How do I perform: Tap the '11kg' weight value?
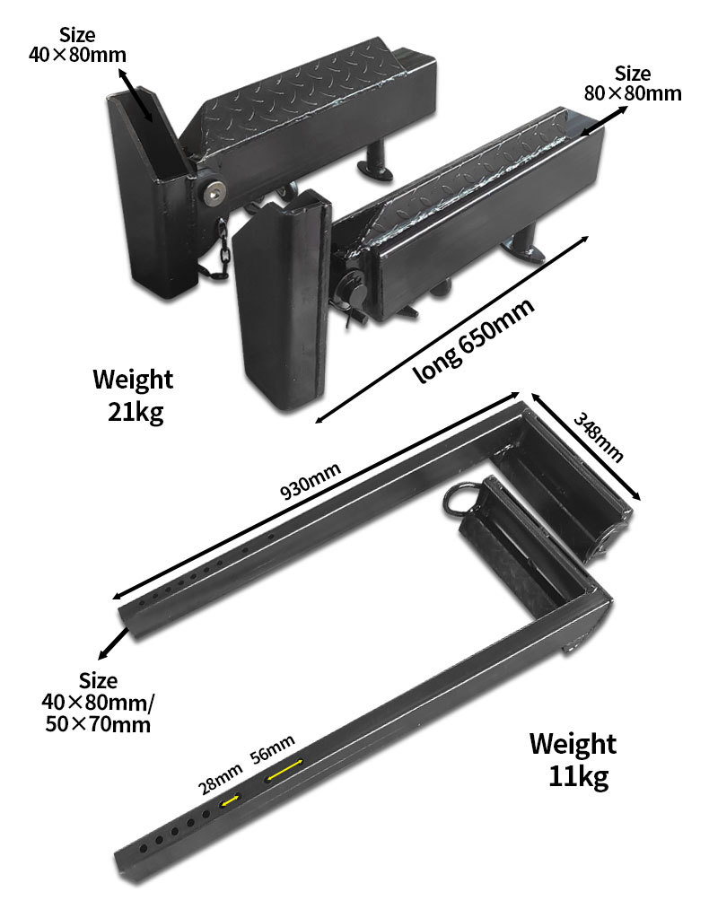(x=578, y=777)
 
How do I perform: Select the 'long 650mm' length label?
(x=474, y=340)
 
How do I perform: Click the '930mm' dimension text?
(x=310, y=482)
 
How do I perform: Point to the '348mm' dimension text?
(x=597, y=437)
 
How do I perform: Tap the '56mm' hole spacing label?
(x=272, y=749)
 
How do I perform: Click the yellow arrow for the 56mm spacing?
(x=284, y=770)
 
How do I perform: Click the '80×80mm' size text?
(x=633, y=93)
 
